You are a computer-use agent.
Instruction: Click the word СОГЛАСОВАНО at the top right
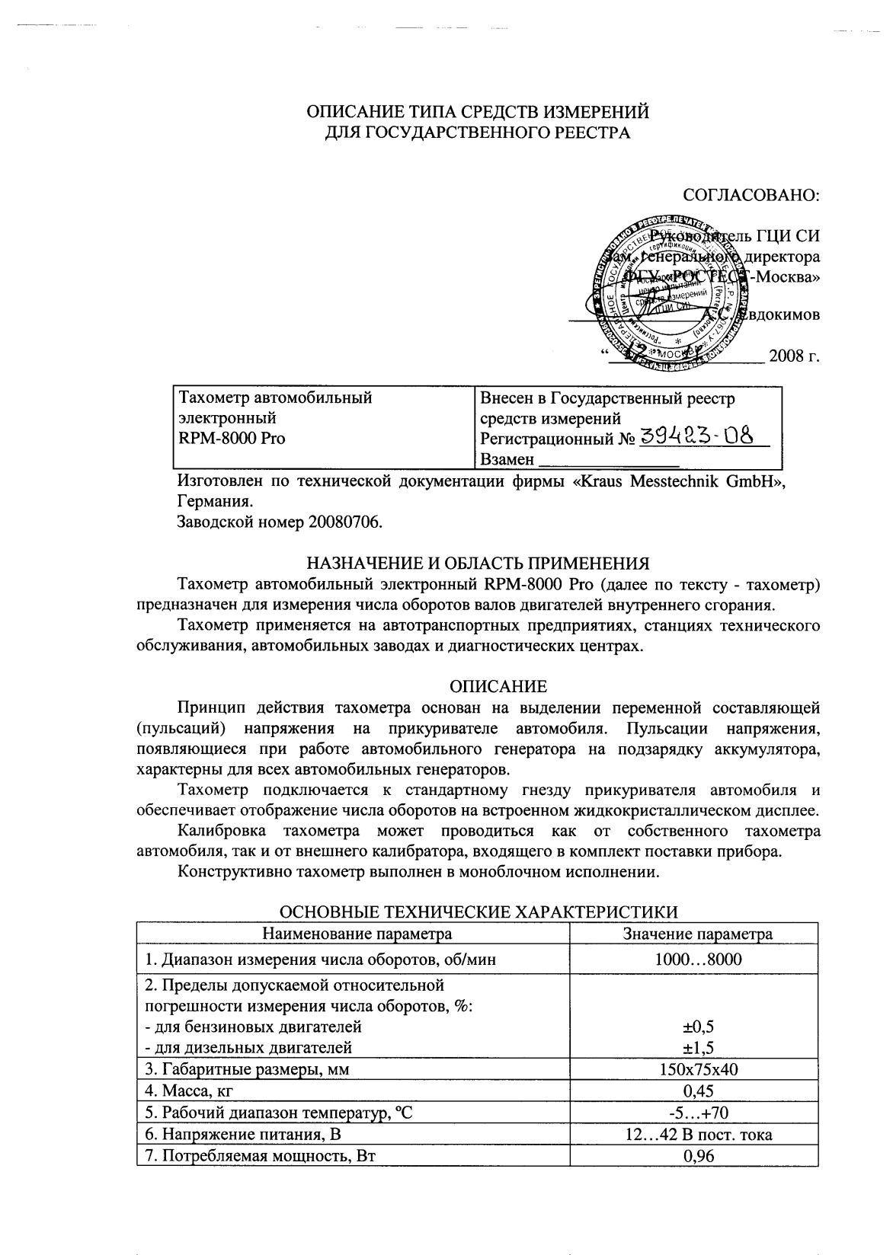[751, 195]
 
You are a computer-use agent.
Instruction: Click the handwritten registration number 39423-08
[696, 437]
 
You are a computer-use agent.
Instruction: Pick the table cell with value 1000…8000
[698, 960]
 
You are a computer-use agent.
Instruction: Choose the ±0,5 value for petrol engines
[698, 1026]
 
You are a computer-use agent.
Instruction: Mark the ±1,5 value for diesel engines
[698, 1047]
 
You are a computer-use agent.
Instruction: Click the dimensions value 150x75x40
[698, 1069]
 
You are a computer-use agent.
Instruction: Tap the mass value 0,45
[698, 1091]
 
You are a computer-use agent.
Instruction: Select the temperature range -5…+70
[698, 1113]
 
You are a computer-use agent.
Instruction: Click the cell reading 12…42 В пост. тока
[698, 1135]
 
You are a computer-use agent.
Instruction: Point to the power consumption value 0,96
[698, 1156]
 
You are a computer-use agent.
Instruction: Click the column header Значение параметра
[698, 934]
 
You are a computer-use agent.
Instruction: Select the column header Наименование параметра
[357, 934]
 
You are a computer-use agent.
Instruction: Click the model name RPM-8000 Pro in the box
[232, 439]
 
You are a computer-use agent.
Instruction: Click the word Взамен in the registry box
[507, 459]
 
